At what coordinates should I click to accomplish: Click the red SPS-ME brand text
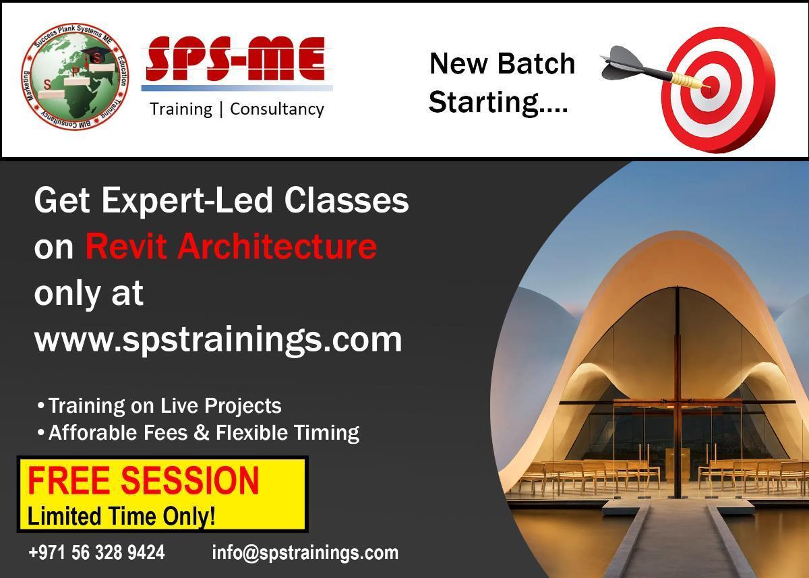coord(236,59)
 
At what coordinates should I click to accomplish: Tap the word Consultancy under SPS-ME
coord(277,109)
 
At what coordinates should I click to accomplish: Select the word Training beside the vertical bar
coord(181,109)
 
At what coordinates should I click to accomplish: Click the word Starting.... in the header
coord(498,103)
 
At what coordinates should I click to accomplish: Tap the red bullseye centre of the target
coord(710,88)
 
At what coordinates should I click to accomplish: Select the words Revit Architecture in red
coord(231,246)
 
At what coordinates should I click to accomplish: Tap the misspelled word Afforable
coord(93,432)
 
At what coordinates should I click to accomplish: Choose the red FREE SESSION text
coord(144,480)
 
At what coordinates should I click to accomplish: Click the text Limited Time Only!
coord(121,515)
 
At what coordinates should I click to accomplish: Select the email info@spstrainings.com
coord(305,554)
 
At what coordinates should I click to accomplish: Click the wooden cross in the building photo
coord(678,405)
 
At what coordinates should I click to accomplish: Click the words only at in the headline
coord(89,294)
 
